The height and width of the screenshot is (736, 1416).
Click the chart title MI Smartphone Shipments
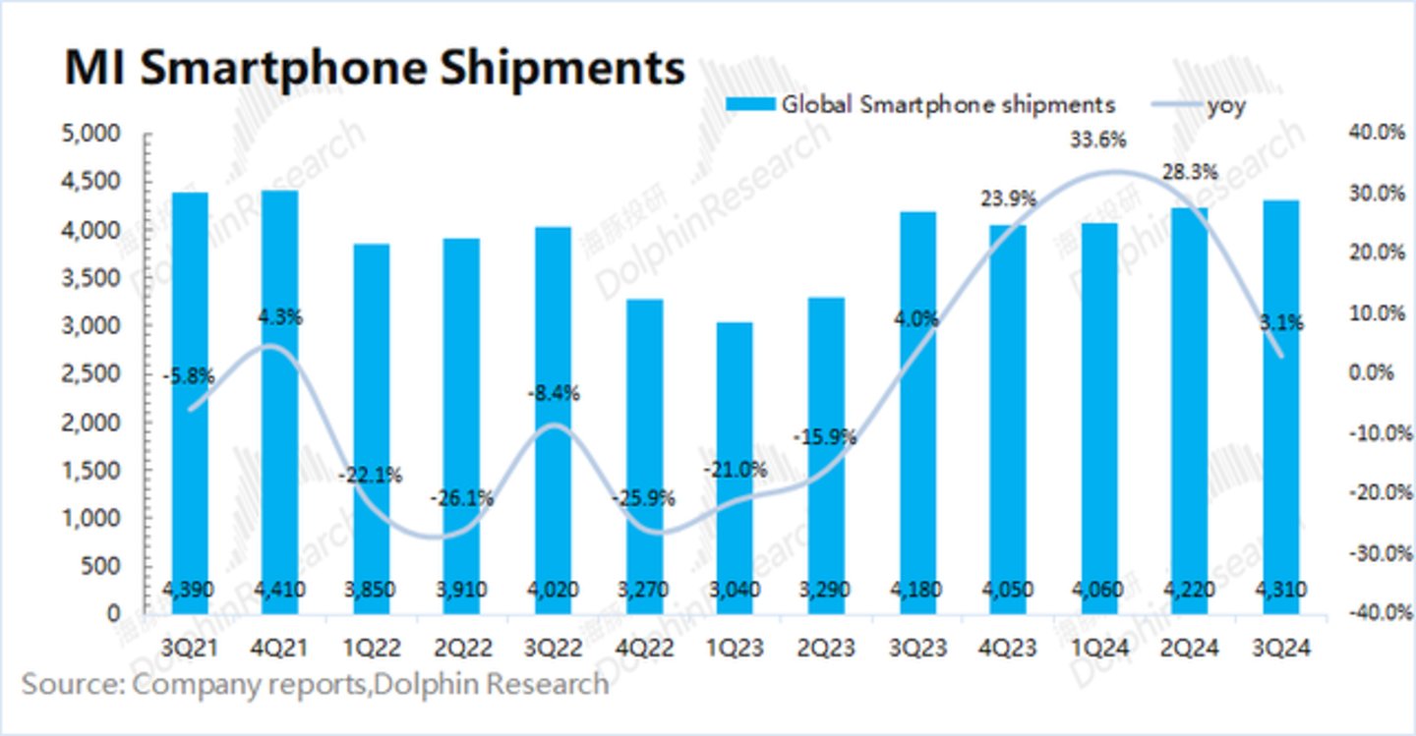pyautogui.click(x=375, y=70)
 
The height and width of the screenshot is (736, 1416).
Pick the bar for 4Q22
pyautogui.click(x=644, y=452)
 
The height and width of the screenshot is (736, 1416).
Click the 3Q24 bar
pyautogui.click(x=1281, y=403)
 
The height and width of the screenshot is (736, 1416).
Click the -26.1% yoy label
pyautogui.click(x=461, y=498)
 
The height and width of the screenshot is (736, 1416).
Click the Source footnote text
pyautogui.click(x=315, y=684)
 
